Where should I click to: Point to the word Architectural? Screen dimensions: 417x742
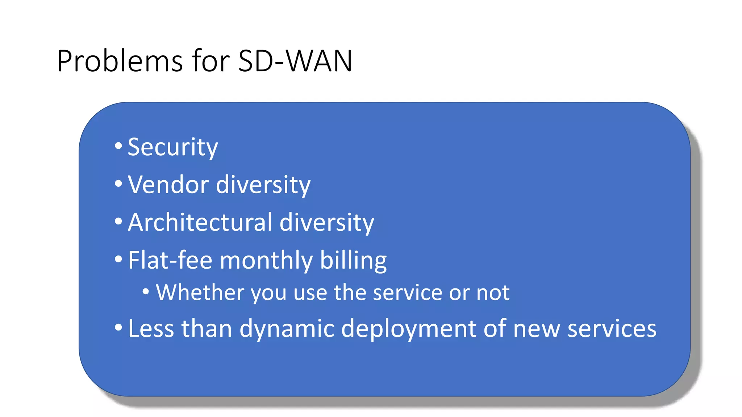(x=200, y=222)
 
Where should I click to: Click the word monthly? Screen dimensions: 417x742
(x=266, y=261)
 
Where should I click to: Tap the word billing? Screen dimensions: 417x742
(x=353, y=261)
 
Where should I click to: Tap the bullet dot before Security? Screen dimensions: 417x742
(x=118, y=146)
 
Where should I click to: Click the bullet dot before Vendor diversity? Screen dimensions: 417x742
(x=118, y=184)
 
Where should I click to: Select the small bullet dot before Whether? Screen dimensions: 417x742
(x=146, y=291)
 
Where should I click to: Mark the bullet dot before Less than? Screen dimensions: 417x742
(x=118, y=327)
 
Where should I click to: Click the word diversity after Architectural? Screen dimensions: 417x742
(x=327, y=222)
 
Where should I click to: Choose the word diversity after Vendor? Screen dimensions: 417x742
(x=263, y=185)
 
